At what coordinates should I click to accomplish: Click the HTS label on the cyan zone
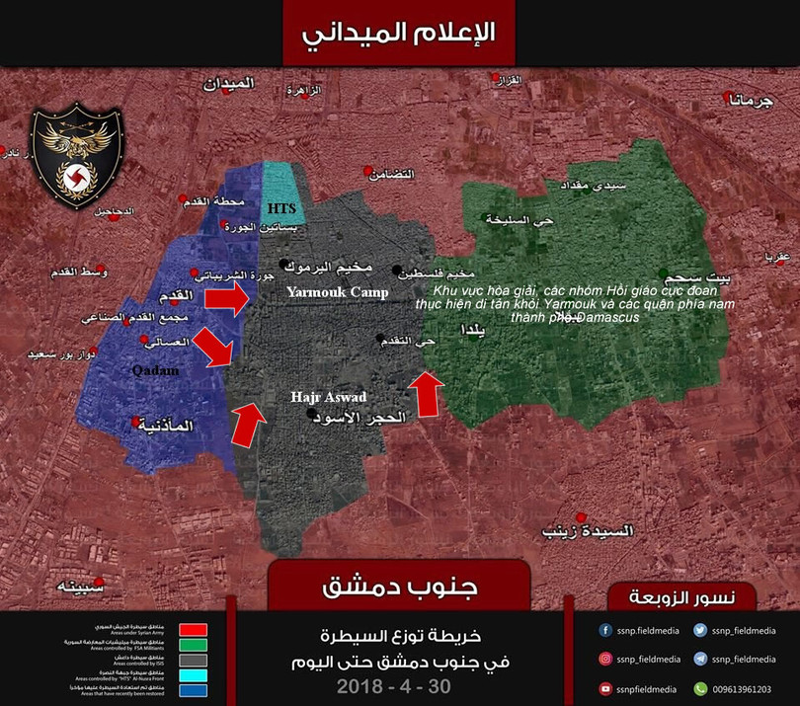[x=281, y=209]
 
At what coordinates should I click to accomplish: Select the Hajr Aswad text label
[x=329, y=397]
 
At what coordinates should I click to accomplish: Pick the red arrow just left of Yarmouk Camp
[x=228, y=299]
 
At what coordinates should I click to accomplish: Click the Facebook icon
[x=604, y=630]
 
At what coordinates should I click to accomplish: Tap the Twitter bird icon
[x=699, y=630]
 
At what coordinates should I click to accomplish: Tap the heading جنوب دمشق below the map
[x=401, y=587]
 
